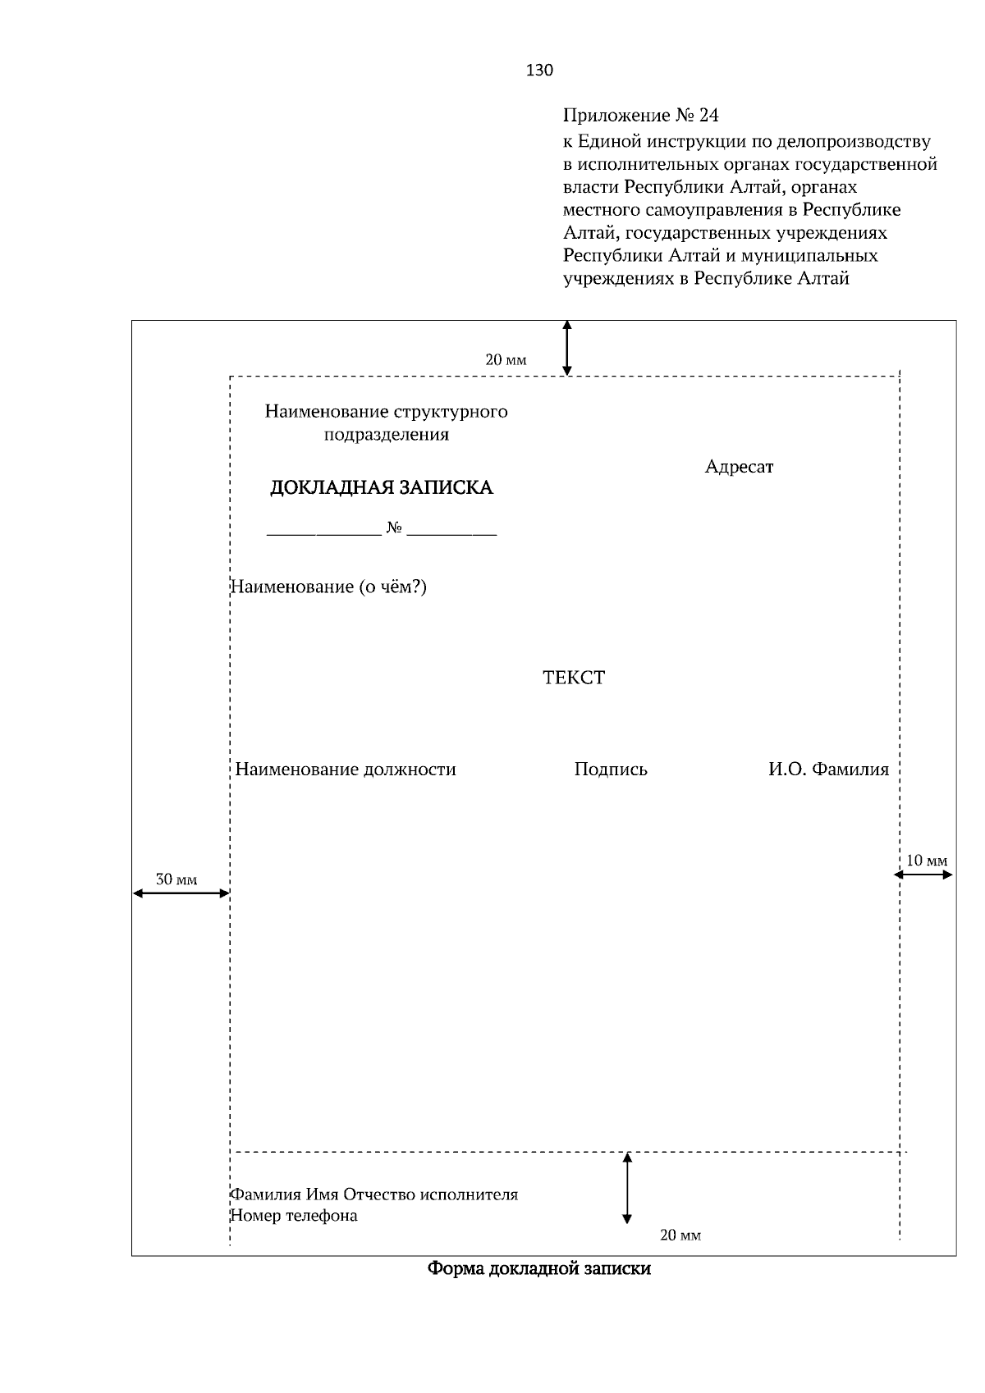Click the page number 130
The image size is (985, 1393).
coord(539,71)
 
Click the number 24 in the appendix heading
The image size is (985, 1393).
coord(708,115)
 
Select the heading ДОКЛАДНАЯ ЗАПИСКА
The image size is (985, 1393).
coord(382,488)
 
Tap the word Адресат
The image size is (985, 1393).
coord(739,467)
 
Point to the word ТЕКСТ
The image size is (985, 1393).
coord(574,678)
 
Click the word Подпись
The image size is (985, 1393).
coord(611,770)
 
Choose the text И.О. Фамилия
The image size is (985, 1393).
coord(828,770)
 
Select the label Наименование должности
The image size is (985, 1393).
coord(346,770)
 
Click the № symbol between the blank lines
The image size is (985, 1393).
coord(394,528)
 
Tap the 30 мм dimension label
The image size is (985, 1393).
coord(176,879)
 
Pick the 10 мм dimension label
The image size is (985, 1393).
coord(927,861)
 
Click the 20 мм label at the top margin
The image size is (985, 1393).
coord(506,360)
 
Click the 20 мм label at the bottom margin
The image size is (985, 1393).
coord(680,1235)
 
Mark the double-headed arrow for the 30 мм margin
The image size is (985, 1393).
coord(181,893)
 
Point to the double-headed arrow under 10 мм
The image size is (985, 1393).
coord(923,875)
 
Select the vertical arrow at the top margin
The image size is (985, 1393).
coord(566,348)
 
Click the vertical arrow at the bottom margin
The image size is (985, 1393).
coord(627,1188)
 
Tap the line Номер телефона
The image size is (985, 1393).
coord(294,1216)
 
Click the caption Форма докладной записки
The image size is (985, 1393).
coord(539,1269)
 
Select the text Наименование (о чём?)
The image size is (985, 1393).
coord(329,587)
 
